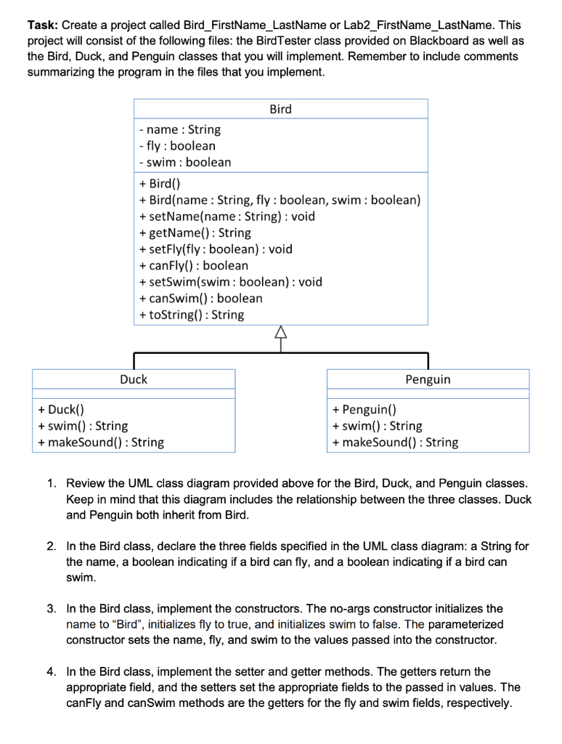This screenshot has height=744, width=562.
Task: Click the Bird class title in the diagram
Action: coord(280,109)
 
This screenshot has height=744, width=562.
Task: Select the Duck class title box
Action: coord(134,379)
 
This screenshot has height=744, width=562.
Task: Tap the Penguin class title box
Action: coord(428,379)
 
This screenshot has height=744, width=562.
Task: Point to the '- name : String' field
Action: coord(179,129)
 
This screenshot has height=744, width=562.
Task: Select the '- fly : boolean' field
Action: coord(176,145)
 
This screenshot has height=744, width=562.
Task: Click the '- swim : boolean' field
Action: coord(184,162)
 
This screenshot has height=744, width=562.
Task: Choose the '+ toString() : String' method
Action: coord(191,315)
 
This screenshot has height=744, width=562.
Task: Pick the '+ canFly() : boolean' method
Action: coord(193,265)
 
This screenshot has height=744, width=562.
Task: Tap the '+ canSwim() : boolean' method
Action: coord(200,298)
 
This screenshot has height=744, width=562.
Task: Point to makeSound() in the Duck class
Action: coord(101,442)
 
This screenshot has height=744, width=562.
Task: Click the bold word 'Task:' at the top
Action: coord(43,25)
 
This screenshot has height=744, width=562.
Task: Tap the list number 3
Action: coord(52,608)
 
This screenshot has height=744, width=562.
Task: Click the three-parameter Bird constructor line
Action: coord(280,200)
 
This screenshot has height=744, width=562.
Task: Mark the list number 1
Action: coord(52,483)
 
